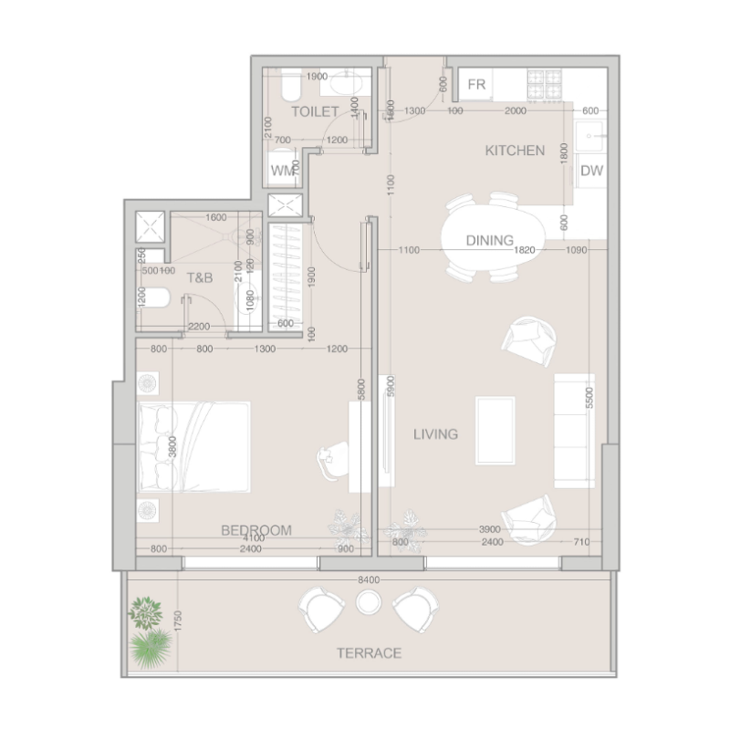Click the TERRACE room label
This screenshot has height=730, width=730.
point(369,653)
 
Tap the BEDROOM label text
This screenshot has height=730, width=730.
point(256,530)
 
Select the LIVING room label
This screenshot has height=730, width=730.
point(434,434)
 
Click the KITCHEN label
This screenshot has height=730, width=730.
point(515,151)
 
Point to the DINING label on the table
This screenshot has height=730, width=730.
point(489,241)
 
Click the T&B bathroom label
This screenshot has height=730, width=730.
point(200,277)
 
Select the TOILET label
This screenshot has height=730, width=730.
point(315,111)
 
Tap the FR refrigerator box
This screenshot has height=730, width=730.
point(476,85)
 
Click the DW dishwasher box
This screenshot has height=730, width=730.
point(591,171)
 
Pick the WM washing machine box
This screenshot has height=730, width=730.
point(282,171)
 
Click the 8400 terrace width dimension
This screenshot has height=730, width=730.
point(368,579)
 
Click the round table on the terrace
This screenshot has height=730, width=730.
point(369,602)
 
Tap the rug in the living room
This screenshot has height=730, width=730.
point(495,430)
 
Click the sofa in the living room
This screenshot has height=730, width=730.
point(575,429)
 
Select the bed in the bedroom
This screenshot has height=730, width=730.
point(193,446)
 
